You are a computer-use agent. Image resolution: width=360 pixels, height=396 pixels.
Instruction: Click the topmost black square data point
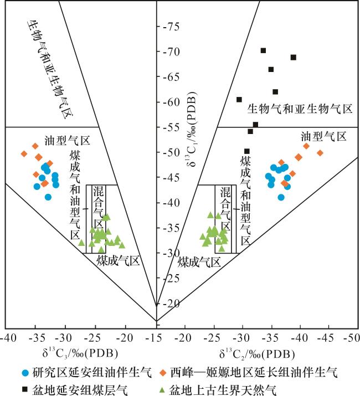click(x=263, y=50)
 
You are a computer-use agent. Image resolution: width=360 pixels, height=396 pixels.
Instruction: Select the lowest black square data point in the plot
click(x=247, y=151)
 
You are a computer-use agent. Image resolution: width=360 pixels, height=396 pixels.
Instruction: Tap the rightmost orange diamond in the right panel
click(x=320, y=153)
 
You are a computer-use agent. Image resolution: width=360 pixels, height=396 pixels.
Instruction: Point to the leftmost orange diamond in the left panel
click(x=24, y=153)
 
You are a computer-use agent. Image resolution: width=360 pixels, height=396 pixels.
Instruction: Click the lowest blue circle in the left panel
click(x=48, y=197)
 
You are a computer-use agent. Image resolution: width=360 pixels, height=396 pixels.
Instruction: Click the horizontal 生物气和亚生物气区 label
click(x=300, y=109)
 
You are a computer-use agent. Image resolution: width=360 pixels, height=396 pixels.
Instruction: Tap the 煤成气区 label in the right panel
click(x=199, y=264)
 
